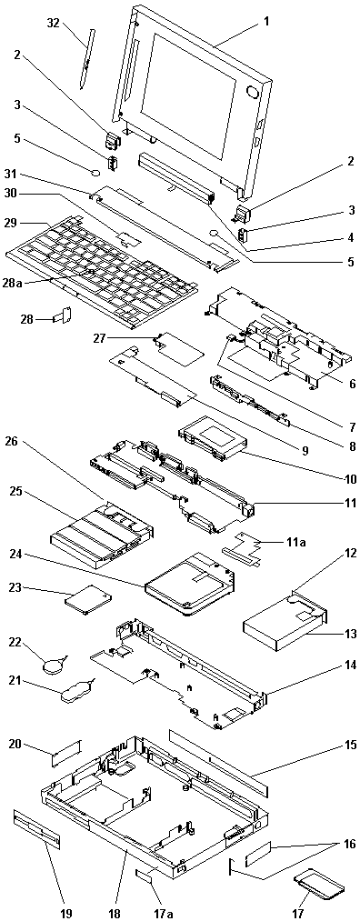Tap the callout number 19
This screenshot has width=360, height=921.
click(65, 913)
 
